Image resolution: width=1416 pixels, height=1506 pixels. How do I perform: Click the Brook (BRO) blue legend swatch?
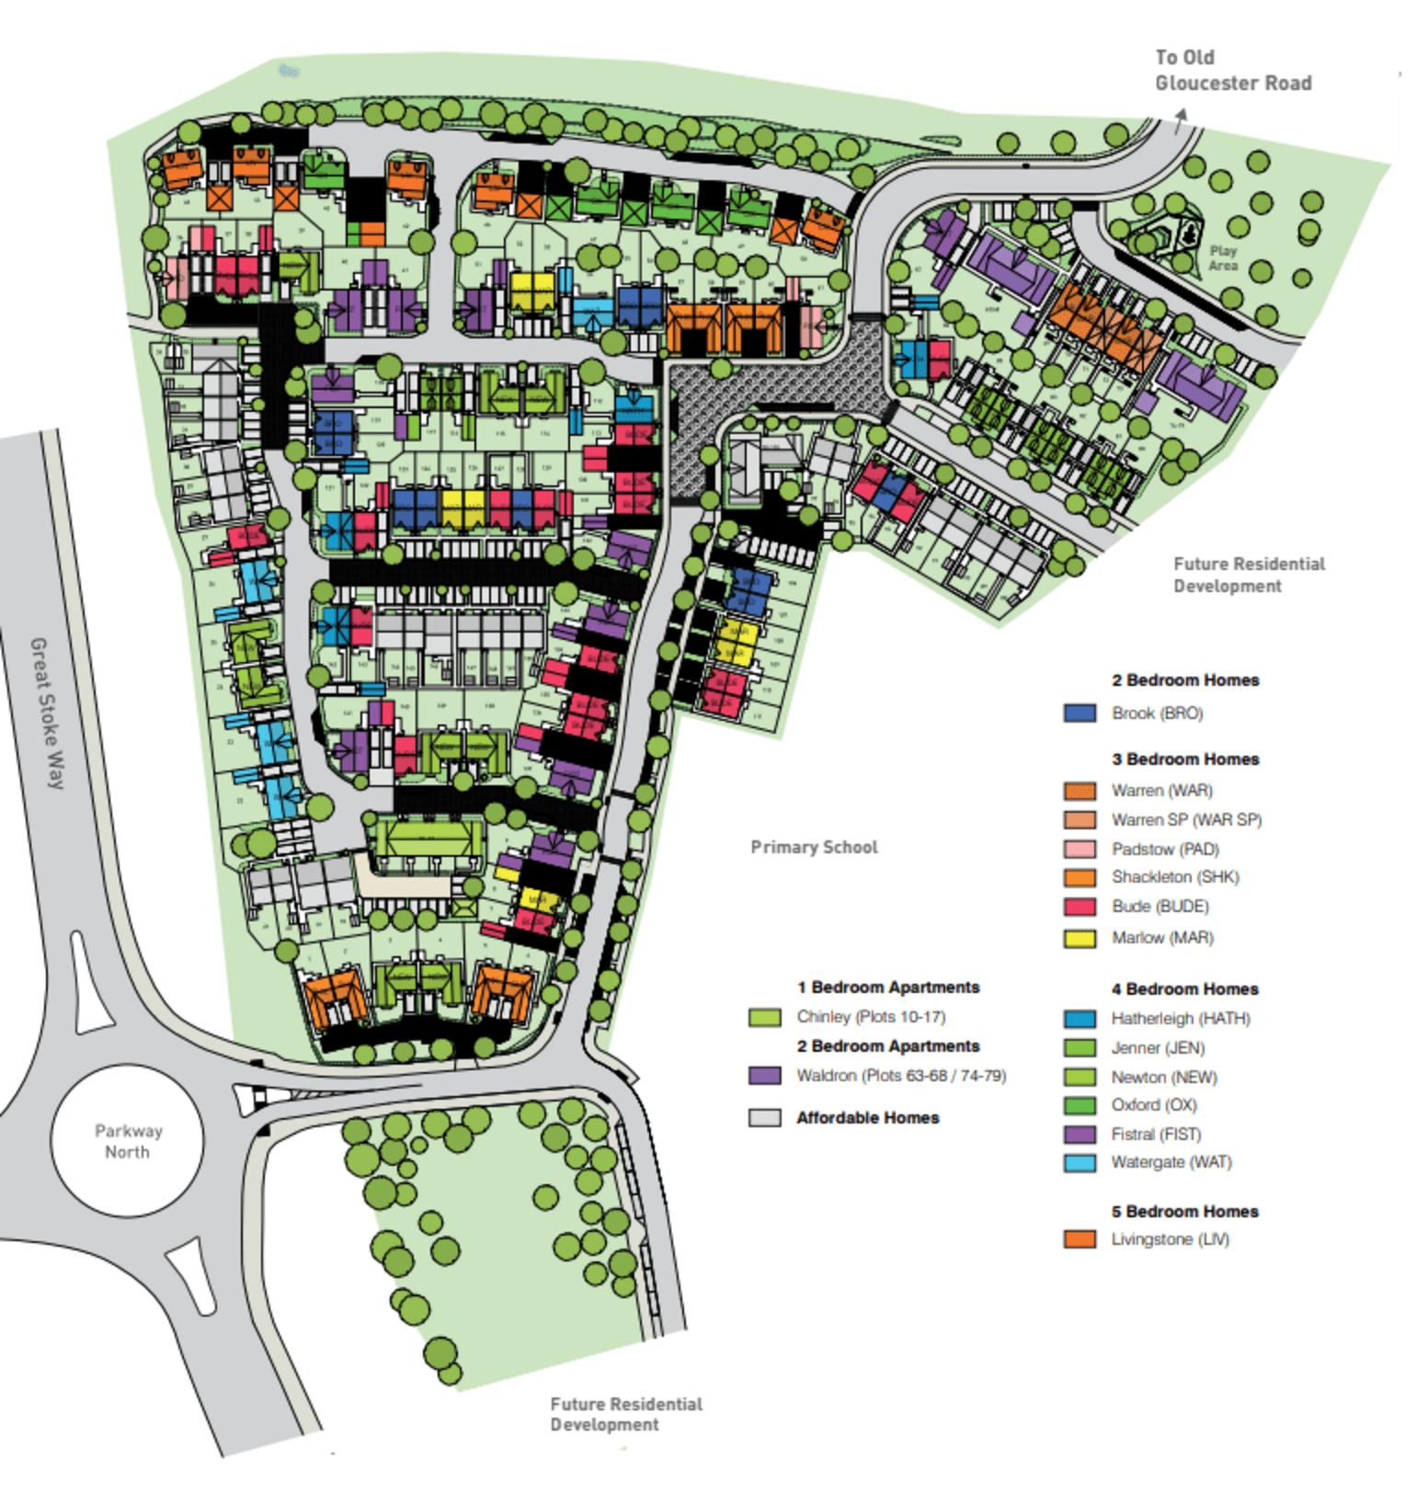(1079, 713)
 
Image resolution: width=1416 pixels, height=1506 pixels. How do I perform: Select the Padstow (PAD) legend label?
(1165, 850)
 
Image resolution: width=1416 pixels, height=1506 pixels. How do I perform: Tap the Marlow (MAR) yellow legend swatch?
(1079, 939)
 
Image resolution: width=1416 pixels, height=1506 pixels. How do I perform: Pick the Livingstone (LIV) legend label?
(1170, 1239)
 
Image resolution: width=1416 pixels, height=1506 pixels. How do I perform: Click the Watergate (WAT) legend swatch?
(1079, 1163)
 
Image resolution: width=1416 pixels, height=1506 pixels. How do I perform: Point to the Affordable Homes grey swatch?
(764, 1118)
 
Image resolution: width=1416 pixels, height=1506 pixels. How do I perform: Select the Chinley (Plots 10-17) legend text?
(871, 1017)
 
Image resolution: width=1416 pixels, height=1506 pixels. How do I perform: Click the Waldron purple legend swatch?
(764, 1076)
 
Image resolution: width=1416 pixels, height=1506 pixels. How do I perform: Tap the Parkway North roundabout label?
(128, 1142)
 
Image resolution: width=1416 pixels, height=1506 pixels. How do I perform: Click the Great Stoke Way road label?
(48, 713)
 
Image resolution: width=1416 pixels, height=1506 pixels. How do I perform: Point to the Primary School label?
(814, 848)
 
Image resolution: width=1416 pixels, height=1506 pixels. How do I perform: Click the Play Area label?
(1223, 258)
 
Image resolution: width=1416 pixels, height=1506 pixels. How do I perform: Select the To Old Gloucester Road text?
(1232, 71)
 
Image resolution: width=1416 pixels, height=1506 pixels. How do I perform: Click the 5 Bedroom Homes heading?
(1184, 1212)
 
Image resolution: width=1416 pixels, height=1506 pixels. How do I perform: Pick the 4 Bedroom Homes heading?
(1184, 989)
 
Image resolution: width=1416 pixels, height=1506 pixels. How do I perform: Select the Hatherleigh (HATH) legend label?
(1181, 1019)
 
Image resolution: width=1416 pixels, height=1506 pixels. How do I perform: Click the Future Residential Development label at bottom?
(625, 1415)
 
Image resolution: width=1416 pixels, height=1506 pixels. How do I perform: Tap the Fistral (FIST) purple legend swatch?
(1079, 1135)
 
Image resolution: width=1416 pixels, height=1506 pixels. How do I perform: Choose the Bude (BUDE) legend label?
(1159, 907)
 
